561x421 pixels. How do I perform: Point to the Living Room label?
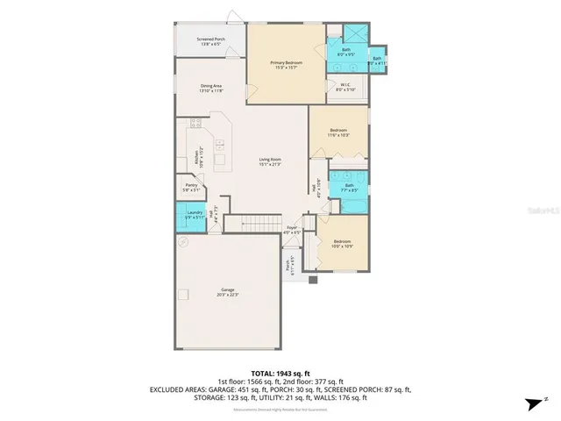[269, 161]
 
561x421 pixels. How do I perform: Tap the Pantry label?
[191, 187]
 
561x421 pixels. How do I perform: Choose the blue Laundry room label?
[194, 215]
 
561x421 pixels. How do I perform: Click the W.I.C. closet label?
[346, 86]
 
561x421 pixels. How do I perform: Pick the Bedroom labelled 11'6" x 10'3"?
[338, 132]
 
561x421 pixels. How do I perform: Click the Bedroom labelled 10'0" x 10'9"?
[342, 243]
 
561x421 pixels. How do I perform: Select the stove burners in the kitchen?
[195, 125]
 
